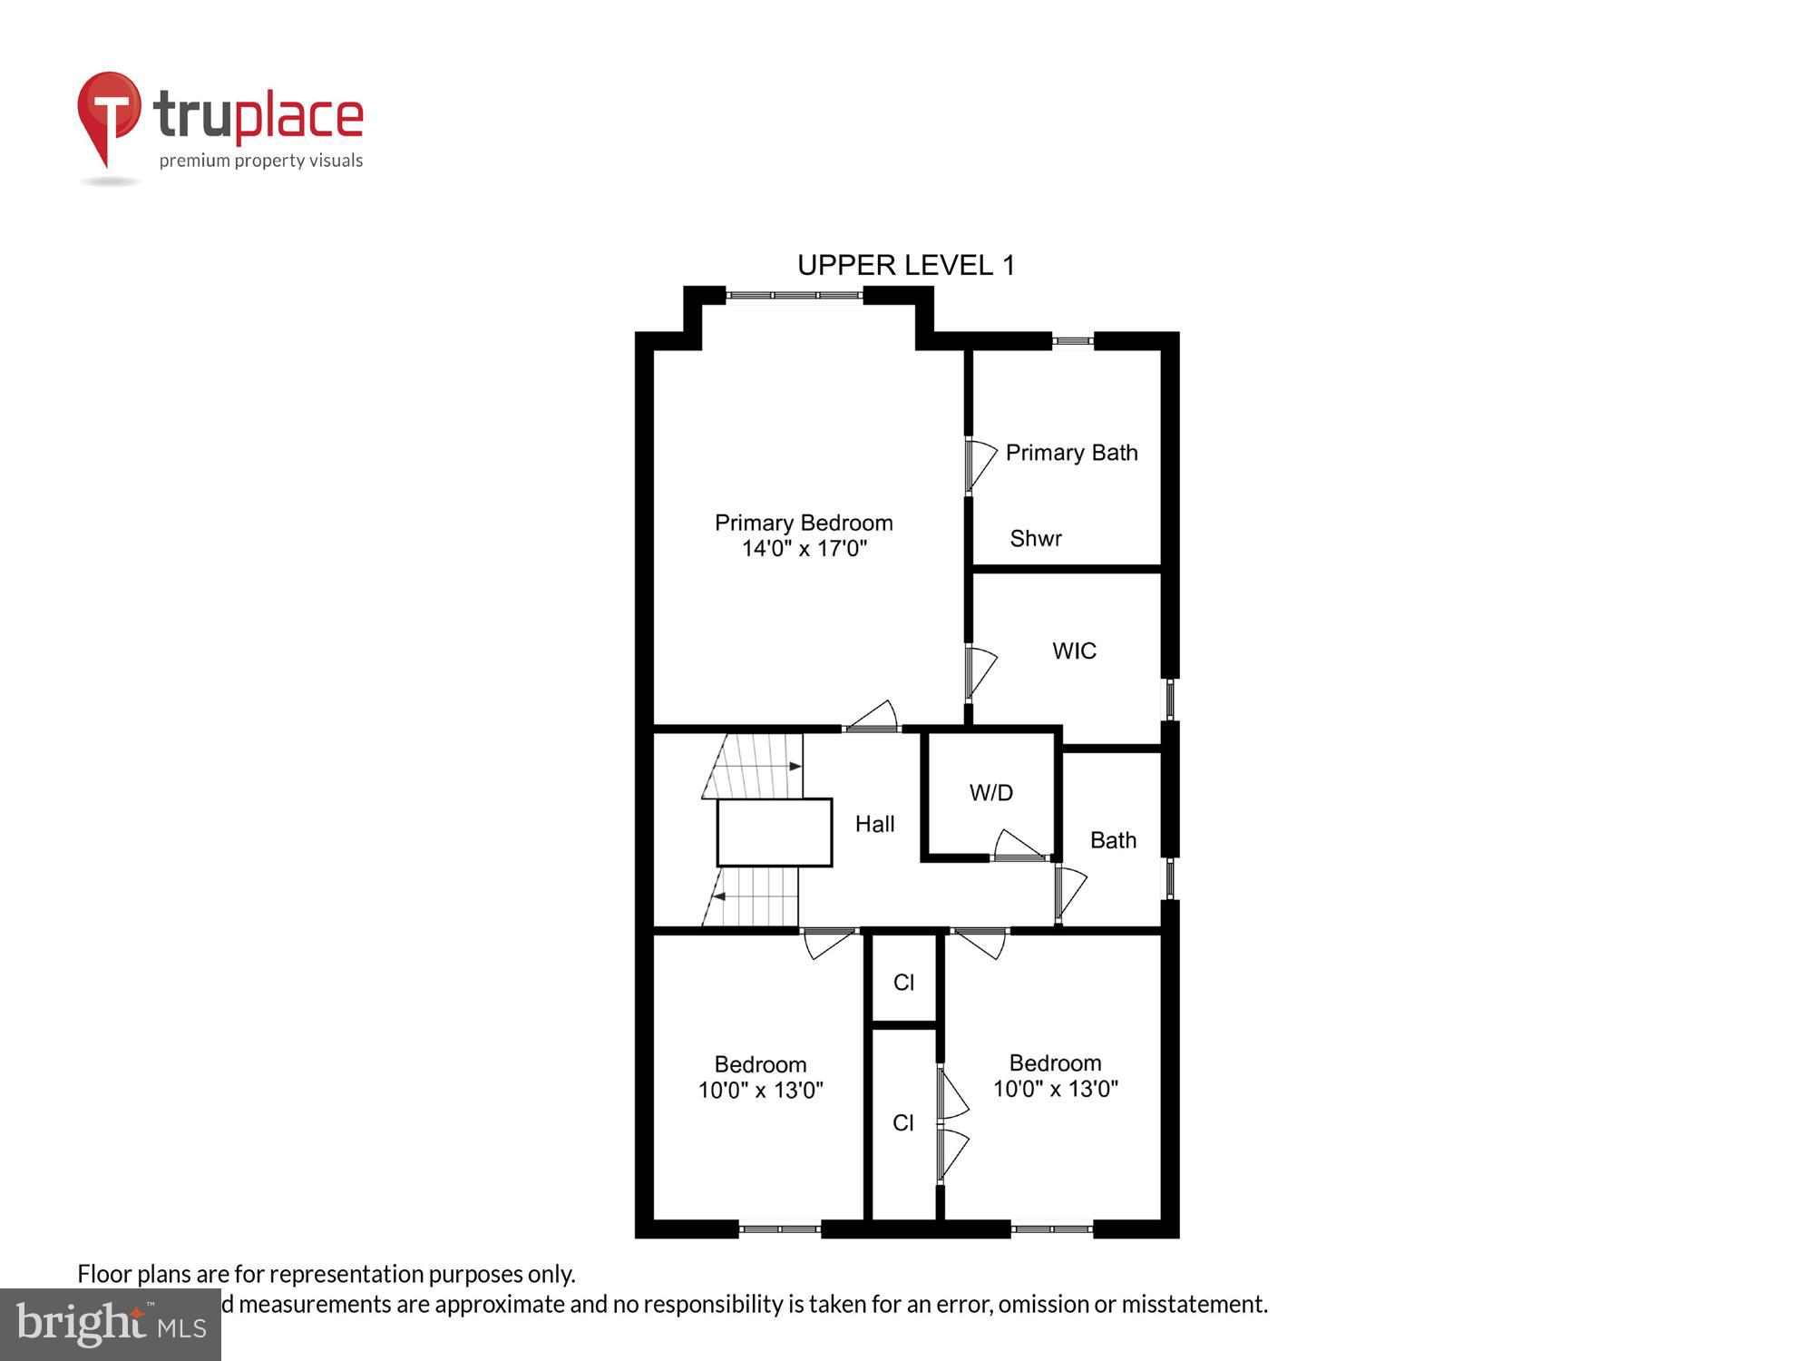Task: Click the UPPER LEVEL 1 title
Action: (905, 265)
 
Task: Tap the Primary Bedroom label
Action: (804, 523)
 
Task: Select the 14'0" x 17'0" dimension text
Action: (804, 548)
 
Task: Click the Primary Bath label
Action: (1071, 453)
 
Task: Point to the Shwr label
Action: (1036, 538)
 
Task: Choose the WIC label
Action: (1074, 651)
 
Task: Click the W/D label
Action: (990, 792)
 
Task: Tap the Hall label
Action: (874, 824)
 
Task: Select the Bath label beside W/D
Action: (1113, 840)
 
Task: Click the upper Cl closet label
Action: (903, 983)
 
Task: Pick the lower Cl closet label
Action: (903, 1123)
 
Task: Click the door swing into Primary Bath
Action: (980, 464)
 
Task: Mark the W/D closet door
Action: (1018, 845)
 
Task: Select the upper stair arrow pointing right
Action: (795, 767)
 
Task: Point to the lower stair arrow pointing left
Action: (717, 896)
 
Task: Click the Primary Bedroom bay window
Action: (794, 295)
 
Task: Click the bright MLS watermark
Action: (111, 1324)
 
